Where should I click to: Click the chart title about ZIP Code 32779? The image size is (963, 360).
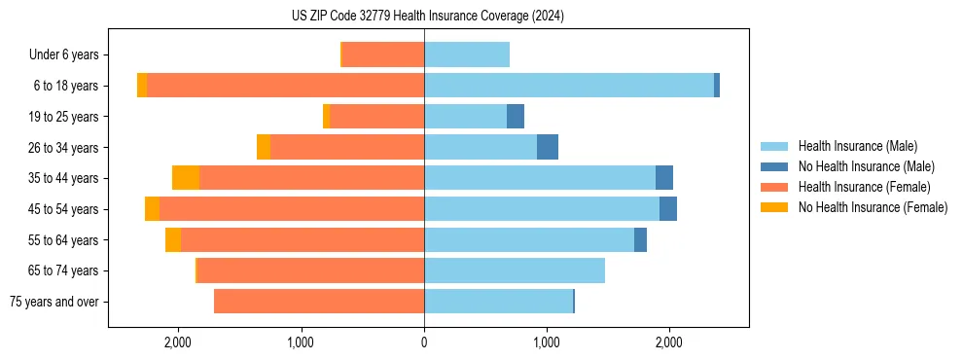tap(427, 17)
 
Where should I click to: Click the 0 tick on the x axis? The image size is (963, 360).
tap(424, 342)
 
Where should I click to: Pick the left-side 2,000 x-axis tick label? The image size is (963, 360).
tap(177, 342)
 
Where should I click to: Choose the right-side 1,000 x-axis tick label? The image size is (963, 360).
tap(547, 342)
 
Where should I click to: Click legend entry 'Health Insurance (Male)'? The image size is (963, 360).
tap(857, 146)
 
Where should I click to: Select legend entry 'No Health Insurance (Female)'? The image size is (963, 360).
tap(873, 207)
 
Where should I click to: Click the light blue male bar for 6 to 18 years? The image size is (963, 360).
tap(569, 86)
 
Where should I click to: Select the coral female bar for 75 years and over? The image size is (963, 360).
tap(319, 302)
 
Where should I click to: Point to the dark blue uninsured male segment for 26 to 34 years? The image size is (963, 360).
tap(548, 148)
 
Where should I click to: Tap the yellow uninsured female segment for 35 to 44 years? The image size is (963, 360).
tap(186, 178)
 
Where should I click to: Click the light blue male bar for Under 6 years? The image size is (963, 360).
tap(467, 55)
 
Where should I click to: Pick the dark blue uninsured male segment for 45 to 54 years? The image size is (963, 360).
tap(668, 209)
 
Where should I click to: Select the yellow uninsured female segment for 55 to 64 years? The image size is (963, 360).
tap(173, 240)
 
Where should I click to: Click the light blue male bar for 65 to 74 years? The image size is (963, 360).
tap(515, 270)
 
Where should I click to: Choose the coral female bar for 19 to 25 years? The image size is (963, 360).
tap(377, 117)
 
